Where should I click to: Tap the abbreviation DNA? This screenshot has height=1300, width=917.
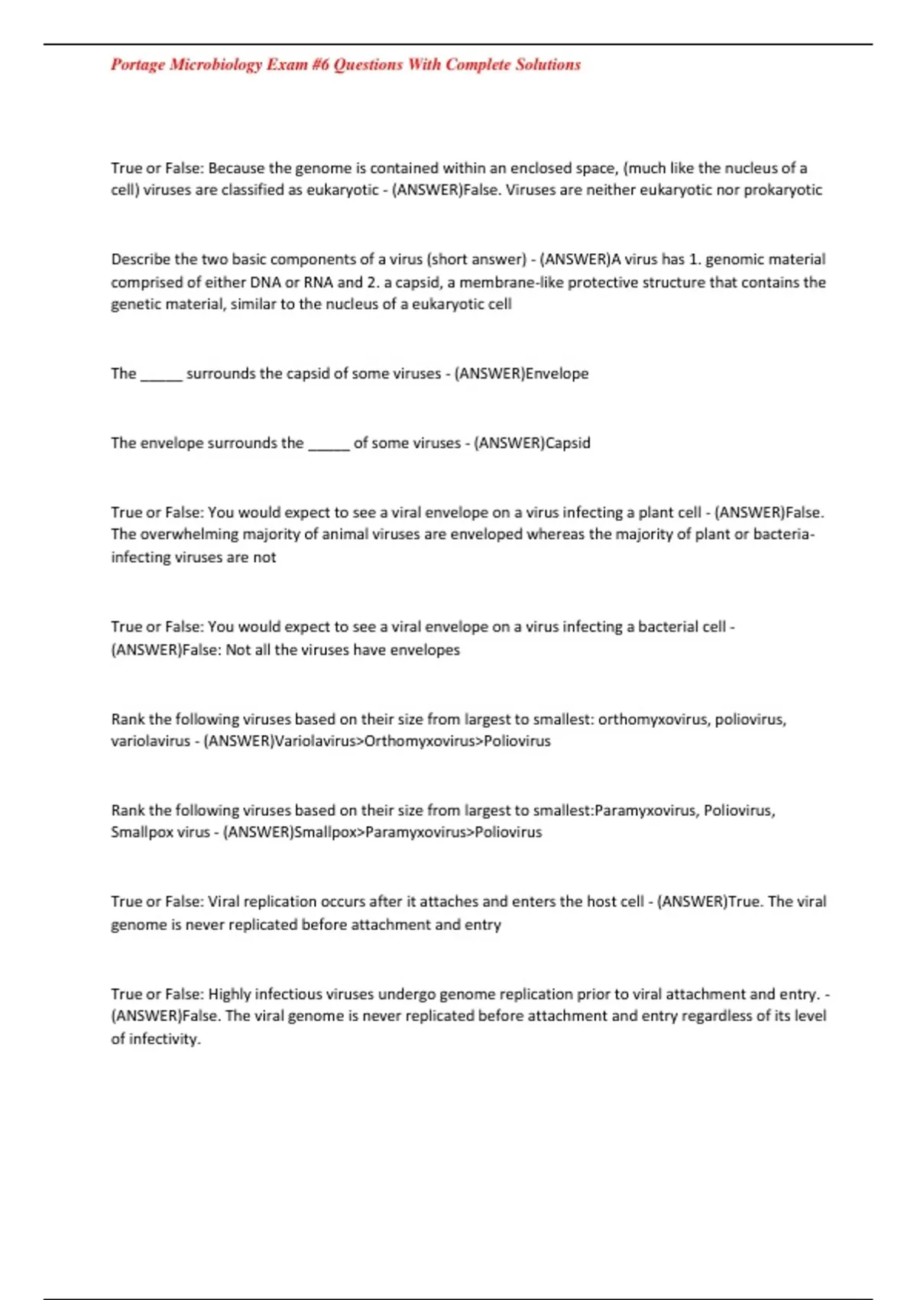[x=266, y=282]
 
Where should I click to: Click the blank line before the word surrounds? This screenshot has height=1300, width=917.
[x=161, y=375]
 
